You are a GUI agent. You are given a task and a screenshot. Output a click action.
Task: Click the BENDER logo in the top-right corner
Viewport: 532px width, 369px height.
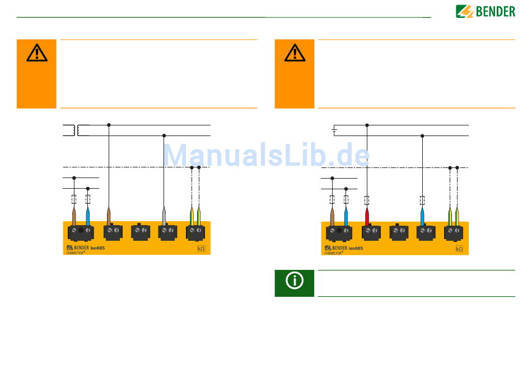click(x=485, y=11)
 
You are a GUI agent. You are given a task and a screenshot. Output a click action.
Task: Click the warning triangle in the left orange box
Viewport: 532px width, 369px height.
click(x=37, y=53)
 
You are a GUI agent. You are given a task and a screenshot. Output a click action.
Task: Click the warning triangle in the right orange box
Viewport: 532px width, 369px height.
click(x=295, y=53)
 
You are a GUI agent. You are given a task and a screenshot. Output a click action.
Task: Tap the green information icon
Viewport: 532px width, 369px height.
click(x=295, y=280)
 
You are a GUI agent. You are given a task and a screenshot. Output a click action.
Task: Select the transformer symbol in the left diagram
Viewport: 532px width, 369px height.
click(x=76, y=130)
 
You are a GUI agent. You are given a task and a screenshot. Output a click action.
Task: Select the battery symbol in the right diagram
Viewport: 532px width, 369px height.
click(x=334, y=130)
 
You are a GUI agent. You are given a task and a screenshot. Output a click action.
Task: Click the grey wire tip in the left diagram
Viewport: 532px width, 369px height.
click(x=164, y=216)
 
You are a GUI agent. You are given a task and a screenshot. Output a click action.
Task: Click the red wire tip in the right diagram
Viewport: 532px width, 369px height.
click(x=367, y=216)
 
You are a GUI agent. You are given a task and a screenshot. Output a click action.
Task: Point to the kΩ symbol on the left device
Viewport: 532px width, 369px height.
click(x=201, y=249)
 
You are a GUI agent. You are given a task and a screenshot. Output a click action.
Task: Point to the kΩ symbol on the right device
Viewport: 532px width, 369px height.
click(x=459, y=249)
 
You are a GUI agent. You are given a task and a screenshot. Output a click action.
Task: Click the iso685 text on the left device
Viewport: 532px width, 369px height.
click(x=98, y=247)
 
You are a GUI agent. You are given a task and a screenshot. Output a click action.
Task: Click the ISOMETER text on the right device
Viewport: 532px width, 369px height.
click(x=334, y=253)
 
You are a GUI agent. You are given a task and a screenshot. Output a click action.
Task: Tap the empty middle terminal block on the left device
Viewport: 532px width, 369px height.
click(x=139, y=231)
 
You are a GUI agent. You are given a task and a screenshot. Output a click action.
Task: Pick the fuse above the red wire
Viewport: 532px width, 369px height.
click(x=367, y=200)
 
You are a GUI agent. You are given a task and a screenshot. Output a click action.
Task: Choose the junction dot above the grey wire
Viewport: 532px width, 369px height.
click(x=164, y=136)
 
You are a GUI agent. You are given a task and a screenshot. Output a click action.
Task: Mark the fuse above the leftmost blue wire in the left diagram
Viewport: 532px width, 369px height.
click(x=88, y=199)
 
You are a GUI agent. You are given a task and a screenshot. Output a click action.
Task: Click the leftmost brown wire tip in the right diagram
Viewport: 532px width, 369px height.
click(x=332, y=216)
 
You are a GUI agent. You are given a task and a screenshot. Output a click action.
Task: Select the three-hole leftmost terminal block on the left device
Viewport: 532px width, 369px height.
click(x=81, y=231)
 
